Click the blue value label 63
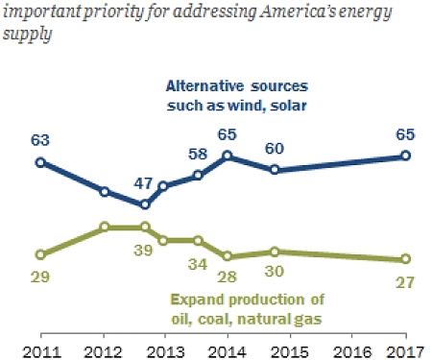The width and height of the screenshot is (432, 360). point(39,142)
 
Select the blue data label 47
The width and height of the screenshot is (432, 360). point(143,182)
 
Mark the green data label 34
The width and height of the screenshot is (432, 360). point(198,262)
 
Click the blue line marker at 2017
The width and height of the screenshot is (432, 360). point(406,156)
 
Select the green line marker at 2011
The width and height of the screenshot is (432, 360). point(40,254)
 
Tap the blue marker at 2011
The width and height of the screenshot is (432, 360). point(40,162)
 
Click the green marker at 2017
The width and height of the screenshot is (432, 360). point(406,259)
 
